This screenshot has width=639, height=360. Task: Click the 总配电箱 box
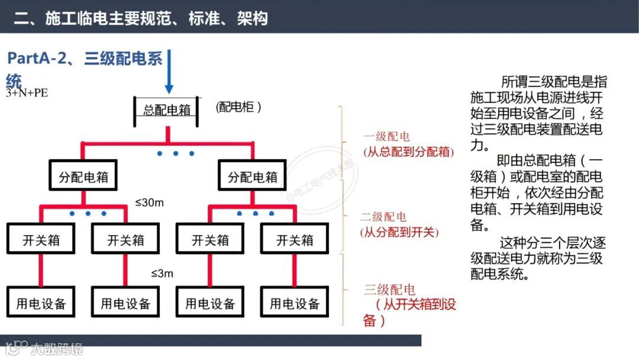coord(167,111)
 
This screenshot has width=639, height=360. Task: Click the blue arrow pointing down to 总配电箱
coord(169,71)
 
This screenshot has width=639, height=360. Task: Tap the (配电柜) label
coord(239,107)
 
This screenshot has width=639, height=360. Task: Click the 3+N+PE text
coord(27,93)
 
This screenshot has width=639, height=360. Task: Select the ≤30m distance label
coord(149,203)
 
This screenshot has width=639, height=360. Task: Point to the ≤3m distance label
coord(162,274)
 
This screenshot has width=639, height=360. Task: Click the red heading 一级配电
coord(386,137)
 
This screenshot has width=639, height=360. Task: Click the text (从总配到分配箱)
coord(408,152)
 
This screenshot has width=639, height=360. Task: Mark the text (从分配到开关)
coord(400,232)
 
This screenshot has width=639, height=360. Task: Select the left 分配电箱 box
coord(83,177)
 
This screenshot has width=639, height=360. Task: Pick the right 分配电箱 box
coord(253,177)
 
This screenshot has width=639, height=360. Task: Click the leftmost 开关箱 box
coord(41,240)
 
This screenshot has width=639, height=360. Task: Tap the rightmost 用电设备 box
coord(295,304)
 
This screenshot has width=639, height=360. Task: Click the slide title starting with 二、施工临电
coord(141,18)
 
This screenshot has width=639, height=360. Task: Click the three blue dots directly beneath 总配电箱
coord(176,153)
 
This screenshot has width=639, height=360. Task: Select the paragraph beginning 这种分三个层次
coord(538,258)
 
